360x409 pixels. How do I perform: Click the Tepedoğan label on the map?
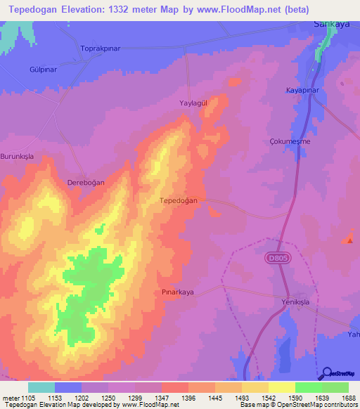tap(179, 200)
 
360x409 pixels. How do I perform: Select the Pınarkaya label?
tap(177, 291)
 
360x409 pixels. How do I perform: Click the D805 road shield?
tap(276, 259)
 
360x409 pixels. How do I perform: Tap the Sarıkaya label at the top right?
tap(329, 23)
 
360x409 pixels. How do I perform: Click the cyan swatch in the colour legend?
tap(41, 387)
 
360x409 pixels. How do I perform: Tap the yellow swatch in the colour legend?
tap(282, 387)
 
